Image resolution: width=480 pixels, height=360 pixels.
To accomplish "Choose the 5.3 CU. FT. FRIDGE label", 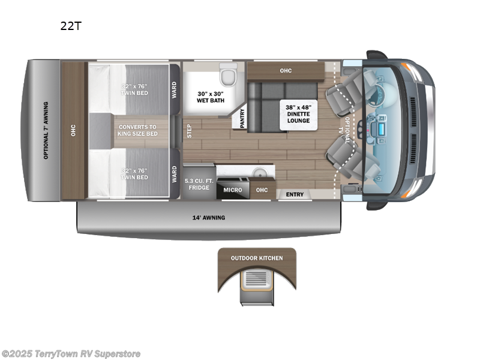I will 198,184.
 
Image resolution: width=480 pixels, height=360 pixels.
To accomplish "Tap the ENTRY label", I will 295,194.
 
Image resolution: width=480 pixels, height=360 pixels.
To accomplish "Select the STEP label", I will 189,131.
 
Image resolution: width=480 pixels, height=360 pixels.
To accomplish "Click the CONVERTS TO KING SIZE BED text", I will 138,130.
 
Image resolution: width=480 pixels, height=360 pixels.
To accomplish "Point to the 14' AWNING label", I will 209,217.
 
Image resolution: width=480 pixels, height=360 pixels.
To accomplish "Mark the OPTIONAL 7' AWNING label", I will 46,130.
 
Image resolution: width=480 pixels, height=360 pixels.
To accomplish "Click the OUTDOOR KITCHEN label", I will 257,258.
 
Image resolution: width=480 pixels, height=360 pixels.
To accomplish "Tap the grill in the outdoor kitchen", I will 257,279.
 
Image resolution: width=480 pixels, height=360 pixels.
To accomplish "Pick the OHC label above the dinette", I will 285,71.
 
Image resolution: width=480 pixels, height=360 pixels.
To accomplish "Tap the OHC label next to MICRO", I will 261,190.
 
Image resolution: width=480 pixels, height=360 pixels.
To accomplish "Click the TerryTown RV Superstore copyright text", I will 71,353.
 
